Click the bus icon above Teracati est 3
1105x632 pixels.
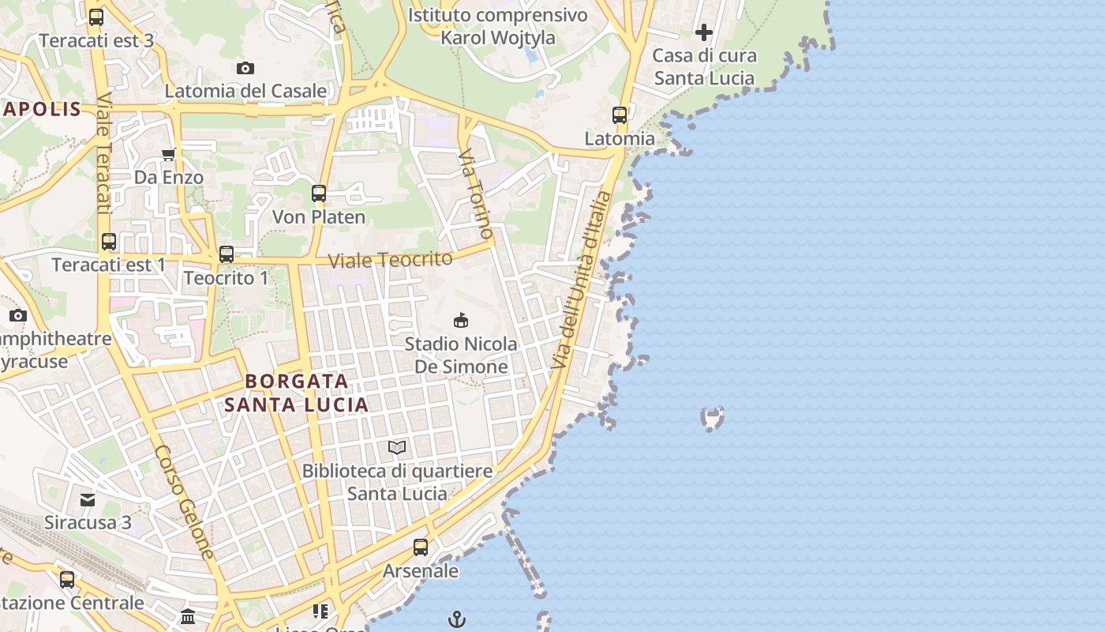click(96, 17)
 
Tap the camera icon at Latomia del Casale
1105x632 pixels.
click(245, 69)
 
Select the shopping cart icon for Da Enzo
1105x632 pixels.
click(168, 155)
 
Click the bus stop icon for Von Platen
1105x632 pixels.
click(319, 194)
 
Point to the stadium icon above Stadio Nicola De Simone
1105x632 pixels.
click(461, 321)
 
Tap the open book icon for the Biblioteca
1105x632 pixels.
click(397, 448)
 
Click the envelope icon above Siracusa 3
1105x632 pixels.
click(88, 499)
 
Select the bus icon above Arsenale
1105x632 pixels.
click(421, 547)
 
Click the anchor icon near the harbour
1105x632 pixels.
click(457, 619)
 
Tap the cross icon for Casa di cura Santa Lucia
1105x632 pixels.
click(704, 33)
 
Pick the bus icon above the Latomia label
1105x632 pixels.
click(620, 115)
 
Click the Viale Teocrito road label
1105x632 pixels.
click(390, 260)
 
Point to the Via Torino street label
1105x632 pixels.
click(477, 194)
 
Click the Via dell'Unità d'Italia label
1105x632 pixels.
click(581, 280)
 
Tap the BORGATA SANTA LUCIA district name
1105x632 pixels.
click(296, 393)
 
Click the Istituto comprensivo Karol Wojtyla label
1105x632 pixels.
click(498, 26)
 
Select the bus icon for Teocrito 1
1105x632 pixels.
click(227, 254)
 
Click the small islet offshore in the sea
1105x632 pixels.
click(713, 419)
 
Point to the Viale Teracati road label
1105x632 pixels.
click(103, 154)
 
